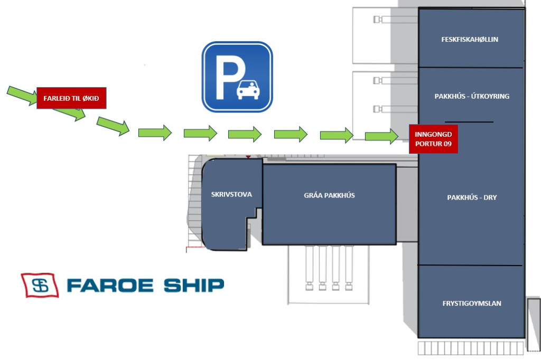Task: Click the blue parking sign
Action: coord(237,77)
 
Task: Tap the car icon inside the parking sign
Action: coord(248,90)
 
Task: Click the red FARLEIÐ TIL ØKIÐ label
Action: coord(71,98)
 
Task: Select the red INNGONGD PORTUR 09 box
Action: coord(433,139)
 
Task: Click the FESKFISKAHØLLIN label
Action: coord(470,40)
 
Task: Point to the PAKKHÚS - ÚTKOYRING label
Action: coord(471,97)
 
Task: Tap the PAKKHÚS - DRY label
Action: coord(472,197)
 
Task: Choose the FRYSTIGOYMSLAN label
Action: coord(471,304)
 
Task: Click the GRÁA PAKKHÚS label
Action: coord(329,195)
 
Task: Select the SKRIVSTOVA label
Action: coord(231,194)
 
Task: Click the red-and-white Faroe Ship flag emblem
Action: coord(40,285)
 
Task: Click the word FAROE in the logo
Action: coord(110,286)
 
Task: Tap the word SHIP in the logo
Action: coord(193,286)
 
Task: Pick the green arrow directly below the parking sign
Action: coord(245,134)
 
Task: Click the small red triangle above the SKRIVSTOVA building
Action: coord(247,157)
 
